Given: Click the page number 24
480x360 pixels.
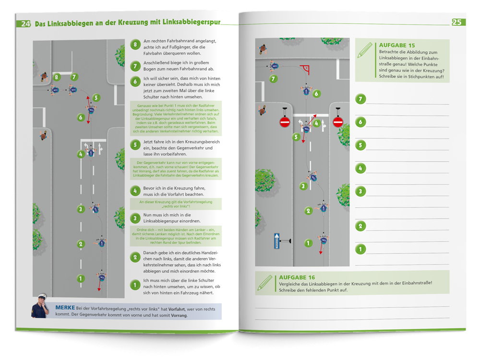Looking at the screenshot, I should [25, 24].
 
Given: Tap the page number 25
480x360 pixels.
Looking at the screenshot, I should [457, 22].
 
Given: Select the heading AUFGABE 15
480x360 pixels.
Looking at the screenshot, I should [397, 45].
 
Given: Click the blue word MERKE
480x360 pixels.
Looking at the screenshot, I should [64, 307].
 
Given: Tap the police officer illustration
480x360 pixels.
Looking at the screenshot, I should [41, 306].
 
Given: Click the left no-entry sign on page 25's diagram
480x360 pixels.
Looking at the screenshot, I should [285, 122].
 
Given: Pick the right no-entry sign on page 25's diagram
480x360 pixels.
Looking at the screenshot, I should [338, 122].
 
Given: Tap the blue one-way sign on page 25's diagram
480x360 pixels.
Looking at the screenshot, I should [276, 240].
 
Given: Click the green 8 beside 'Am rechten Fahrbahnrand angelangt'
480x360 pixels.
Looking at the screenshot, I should [135, 45].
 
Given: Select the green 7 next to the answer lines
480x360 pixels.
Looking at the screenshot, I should [360, 99].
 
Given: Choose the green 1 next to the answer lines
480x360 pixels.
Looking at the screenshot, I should [360, 249].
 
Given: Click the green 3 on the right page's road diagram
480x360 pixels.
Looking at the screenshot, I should [303, 186].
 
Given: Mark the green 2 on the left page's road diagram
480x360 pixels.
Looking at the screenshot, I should [81, 244].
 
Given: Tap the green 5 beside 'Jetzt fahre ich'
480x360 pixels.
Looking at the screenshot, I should [135, 144].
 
